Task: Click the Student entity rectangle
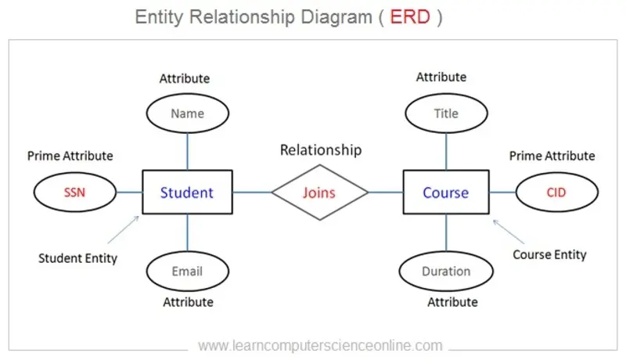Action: pyautogui.click(x=187, y=192)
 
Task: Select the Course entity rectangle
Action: pyautogui.click(x=446, y=192)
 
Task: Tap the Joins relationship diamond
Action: pyautogui.click(x=319, y=192)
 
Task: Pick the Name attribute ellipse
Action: pyautogui.click(x=187, y=113)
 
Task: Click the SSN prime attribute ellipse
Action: pyautogui.click(x=75, y=192)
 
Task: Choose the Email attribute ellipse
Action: pyautogui.click(x=187, y=272)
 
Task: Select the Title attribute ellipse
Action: pyautogui.click(x=446, y=113)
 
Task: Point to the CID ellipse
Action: pyautogui.click(x=556, y=192)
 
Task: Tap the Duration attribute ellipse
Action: pyautogui.click(x=446, y=272)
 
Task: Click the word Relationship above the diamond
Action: pyautogui.click(x=321, y=149)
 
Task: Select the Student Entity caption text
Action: pyautogui.click(x=77, y=257)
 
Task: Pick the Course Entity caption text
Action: pyautogui.click(x=549, y=254)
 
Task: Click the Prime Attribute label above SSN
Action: pyautogui.click(x=70, y=156)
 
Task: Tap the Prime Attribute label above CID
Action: pyautogui.click(x=552, y=156)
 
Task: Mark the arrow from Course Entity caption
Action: pyautogui.click(x=509, y=232)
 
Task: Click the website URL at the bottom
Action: pyautogui.click(x=320, y=345)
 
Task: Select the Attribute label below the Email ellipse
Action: pyautogui.click(x=186, y=301)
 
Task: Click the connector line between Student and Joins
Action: pyautogui.click(x=252, y=192)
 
